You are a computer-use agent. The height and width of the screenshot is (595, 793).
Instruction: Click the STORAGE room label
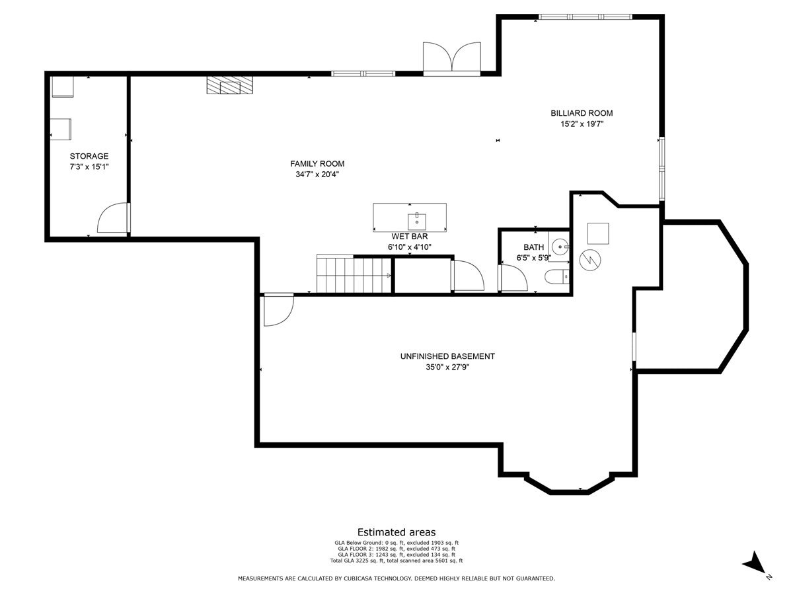coord(89,156)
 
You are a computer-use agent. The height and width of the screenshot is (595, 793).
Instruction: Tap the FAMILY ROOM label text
coord(317,164)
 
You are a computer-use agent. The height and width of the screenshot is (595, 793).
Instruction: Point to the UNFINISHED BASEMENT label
coord(447,356)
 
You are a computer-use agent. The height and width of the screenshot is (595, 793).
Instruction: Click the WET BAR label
coord(410,236)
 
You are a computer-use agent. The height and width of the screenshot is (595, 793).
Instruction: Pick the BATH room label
coord(533,247)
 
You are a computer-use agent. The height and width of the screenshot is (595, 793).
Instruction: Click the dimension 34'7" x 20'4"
coord(317,175)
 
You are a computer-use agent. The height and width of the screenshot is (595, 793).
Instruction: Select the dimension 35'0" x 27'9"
coord(447,367)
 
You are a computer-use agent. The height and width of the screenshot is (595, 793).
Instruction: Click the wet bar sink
coord(417,221)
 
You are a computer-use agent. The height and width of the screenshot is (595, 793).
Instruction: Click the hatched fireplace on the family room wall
coord(229,85)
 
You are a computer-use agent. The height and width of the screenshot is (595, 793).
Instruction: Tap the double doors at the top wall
coord(452,57)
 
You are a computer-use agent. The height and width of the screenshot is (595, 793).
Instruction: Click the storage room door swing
coord(112,219)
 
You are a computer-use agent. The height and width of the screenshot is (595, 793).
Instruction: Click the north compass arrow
coord(755,564)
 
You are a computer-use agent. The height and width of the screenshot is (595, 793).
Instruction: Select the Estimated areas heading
coord(397,532)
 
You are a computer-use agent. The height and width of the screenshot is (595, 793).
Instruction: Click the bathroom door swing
coord(514,278)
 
